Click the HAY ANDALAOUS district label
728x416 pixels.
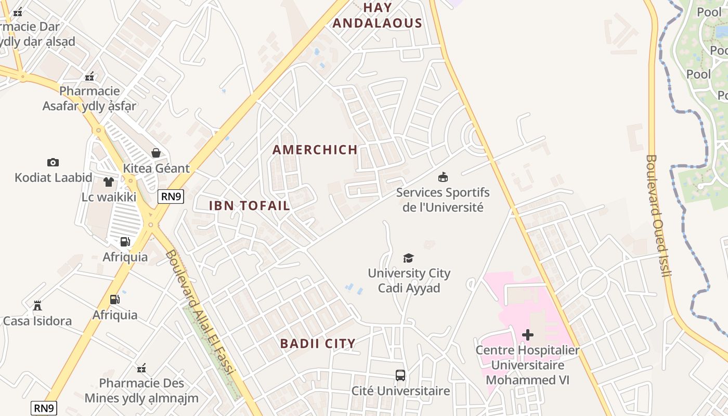point(377,16)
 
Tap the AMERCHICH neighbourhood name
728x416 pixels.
point(315,150)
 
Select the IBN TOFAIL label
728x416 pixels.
point(250,205)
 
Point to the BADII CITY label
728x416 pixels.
point(318,344)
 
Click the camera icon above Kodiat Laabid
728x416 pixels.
point(53,162)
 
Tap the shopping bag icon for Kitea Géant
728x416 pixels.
point(155,153)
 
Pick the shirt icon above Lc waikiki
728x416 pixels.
point(108,182)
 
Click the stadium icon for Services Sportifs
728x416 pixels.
point(443,177)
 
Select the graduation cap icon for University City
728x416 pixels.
point(409,258)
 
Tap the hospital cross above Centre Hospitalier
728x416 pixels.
point(528,335)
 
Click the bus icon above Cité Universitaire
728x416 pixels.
point(400,375)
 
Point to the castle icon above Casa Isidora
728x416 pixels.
point(37,306)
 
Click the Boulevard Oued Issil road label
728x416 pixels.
point(658,215)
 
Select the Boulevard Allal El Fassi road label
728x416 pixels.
point(200,312)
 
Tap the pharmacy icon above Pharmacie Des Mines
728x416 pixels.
point(141,369)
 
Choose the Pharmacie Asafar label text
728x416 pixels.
point(89,99)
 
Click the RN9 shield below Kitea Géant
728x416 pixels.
point(171,196)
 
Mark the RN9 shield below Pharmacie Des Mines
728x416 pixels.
point(44,408)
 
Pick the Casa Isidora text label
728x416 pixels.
point(37,321)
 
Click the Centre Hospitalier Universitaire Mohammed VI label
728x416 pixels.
point(528,365)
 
